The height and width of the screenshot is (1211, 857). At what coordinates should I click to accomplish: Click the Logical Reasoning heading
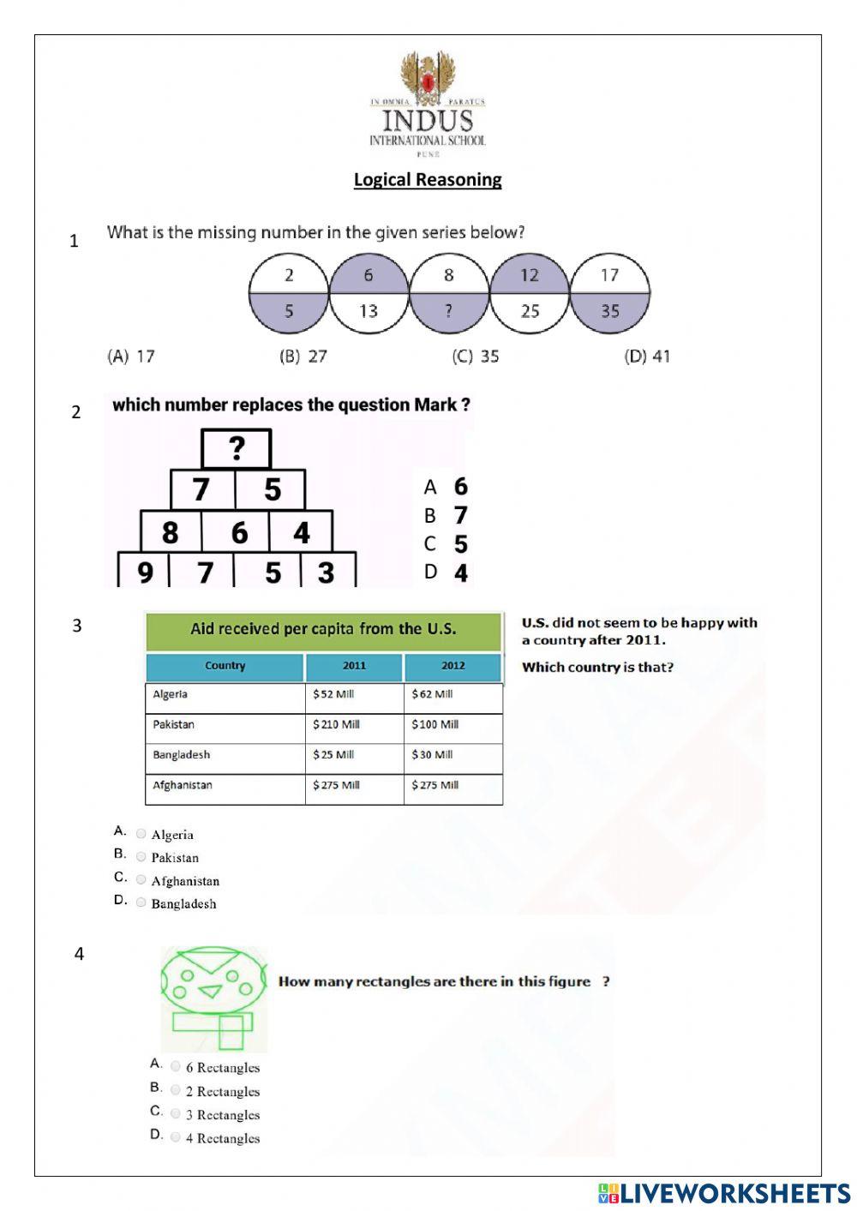click(428, 180)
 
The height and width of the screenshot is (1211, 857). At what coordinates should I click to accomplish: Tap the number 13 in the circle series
click(369, 311)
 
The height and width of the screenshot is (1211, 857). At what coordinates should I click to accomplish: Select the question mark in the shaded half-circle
click(448, 311)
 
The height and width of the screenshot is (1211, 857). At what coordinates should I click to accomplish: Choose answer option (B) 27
click(303, 357)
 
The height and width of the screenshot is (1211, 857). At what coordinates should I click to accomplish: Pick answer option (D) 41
click(647, 357)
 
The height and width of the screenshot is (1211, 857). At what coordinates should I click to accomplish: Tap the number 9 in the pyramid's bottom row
click(145, 572)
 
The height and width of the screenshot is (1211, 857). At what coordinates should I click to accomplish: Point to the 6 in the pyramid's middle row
click(239, 533)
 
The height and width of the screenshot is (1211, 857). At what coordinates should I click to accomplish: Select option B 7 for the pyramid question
click(460, 516)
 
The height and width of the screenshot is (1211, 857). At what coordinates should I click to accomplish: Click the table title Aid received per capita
click(323, 629)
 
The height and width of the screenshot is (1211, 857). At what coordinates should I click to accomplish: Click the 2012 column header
click(452, 666)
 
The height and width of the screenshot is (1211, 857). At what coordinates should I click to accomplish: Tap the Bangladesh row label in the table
click(182, 755)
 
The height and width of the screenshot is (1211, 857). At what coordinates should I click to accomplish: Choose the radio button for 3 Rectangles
click(175, 1113)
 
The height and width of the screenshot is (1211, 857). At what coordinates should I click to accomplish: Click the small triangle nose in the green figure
click(210, 992)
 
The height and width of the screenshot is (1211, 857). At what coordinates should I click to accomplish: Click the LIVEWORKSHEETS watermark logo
click(723, 1193)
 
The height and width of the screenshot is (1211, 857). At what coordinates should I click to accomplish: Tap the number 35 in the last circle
click(609, 311)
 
